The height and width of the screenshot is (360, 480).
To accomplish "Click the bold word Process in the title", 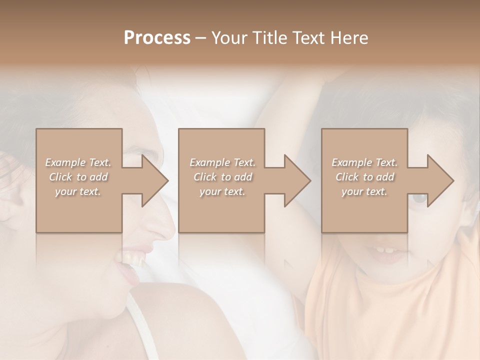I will tap(157, 38).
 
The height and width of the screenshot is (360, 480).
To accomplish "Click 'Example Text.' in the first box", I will tap(78, 162).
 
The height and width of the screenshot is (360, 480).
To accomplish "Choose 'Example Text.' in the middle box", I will tap(222, 162).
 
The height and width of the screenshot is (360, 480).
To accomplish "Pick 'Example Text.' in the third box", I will tap(364, 162).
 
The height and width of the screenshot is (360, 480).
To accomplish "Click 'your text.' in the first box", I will tap(78, 191).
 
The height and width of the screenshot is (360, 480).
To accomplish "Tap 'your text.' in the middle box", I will tap(222, 191).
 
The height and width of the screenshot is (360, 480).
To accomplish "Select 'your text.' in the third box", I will tap(364, 191).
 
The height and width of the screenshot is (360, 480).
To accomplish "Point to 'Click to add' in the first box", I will tap(78, 177).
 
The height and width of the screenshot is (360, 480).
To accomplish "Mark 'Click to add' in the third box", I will tap(364, 177).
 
